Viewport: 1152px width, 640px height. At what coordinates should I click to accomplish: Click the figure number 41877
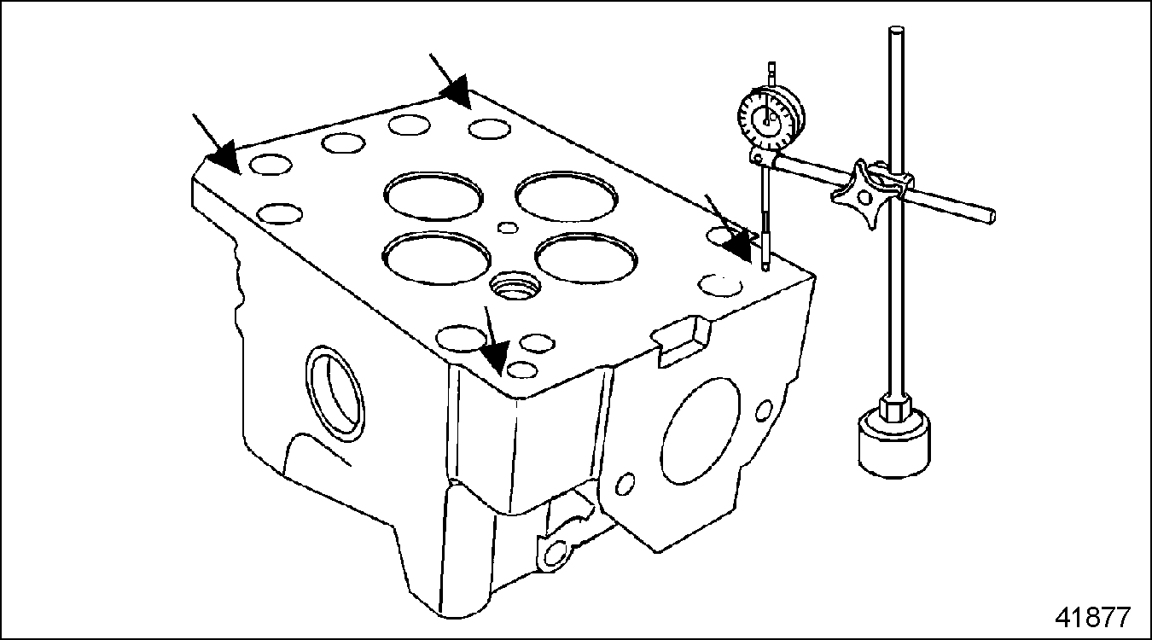1093,617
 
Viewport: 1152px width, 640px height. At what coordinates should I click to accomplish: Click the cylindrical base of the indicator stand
894,442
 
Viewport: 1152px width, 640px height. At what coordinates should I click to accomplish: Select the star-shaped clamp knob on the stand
860,194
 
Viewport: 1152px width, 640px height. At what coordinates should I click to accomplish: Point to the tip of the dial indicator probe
765,269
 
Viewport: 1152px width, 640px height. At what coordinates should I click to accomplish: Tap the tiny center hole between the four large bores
508,227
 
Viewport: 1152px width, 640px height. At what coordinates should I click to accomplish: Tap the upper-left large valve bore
433,197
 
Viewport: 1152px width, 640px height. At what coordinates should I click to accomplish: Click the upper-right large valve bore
567,196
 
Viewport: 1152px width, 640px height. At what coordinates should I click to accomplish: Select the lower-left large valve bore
437,257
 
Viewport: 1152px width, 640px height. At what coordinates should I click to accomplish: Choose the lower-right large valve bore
586,259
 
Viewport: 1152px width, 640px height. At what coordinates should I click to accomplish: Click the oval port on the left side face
335,393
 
